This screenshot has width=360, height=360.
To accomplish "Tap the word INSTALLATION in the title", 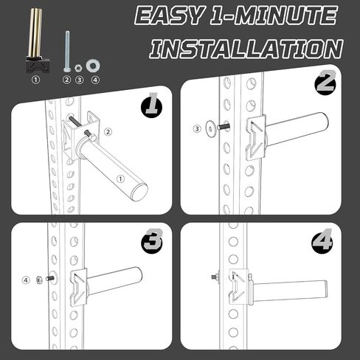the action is point(246,49).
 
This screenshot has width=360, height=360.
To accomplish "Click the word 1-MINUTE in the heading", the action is point(274,16).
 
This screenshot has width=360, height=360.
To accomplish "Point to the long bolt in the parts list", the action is point(67,51).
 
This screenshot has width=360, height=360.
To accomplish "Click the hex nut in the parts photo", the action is point(79,68).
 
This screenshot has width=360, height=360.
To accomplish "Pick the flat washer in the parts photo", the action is point(93,66).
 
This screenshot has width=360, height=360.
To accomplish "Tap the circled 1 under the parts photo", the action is point(36,80).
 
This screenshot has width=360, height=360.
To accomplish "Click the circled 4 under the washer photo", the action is point(95,80).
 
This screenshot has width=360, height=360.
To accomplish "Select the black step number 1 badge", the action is point(151,105).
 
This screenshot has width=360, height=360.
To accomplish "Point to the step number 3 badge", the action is point(152,241).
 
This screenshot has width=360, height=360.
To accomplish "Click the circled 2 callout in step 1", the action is point(108,132).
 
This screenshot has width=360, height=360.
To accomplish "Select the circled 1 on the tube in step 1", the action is point(120,179).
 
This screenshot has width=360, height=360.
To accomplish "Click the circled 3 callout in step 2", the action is point(197,128).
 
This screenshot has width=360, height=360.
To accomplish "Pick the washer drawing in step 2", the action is point(211,128).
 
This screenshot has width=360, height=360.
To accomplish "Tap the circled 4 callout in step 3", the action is point(26,280).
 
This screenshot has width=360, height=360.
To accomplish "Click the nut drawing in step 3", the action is point(39,280).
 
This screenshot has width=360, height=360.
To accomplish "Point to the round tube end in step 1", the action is point(139,193).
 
